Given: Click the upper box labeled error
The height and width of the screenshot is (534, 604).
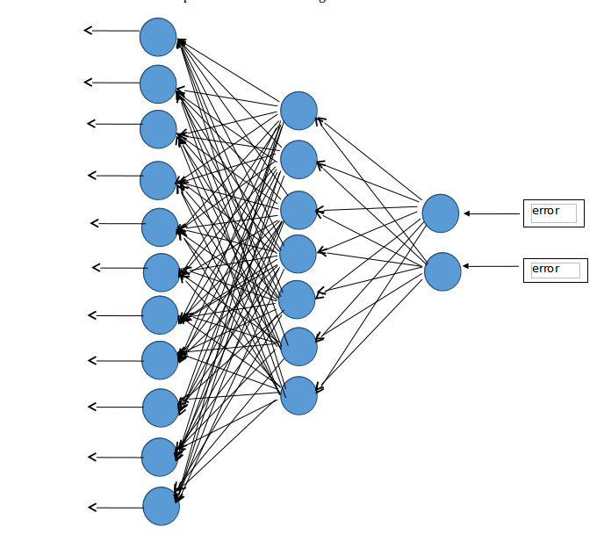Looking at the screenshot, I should pos(553,213).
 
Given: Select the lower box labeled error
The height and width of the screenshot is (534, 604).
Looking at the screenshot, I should pos(555,270).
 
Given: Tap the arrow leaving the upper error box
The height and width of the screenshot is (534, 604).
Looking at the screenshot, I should pos(493,213).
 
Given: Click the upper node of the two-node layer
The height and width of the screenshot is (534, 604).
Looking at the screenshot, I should pos(440,213).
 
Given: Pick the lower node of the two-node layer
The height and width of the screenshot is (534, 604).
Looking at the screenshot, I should pos(442,271).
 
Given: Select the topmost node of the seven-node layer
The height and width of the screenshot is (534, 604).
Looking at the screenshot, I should pos(298,111).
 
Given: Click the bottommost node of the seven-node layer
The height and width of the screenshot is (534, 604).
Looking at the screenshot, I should pos(298,395).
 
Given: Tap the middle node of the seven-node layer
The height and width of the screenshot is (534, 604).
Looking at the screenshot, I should pos(298,254).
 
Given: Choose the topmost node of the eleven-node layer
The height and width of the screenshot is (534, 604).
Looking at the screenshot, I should pos(158,37).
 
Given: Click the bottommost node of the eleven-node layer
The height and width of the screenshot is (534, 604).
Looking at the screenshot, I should pos(162,506).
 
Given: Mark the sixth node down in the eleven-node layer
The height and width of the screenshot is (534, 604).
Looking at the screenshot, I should pos(162,272).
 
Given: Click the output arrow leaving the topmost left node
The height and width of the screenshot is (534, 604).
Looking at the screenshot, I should pos(111,31).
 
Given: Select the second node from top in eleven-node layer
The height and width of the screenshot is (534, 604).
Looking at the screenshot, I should pos(158,83).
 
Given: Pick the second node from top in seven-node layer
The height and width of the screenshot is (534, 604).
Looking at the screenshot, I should pos(298,159).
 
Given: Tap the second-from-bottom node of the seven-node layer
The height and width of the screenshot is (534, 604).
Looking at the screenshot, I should pos(298,346).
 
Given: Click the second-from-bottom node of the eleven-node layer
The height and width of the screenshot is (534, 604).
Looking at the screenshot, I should pos(160,457).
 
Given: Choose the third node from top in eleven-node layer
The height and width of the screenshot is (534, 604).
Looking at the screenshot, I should pos(158,129).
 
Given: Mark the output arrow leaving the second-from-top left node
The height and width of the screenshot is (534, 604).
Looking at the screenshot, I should pos(111,83).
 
